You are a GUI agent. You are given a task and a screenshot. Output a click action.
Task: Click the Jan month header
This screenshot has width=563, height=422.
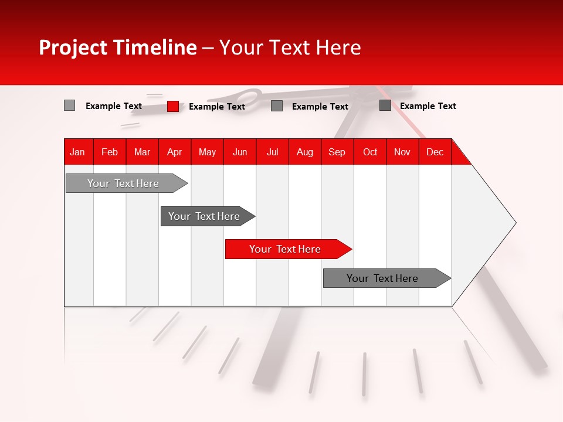(77, 152)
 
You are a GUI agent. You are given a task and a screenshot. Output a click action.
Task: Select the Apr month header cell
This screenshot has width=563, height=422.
(174, 152)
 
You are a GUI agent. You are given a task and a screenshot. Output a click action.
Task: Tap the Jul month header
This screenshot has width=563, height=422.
(272, 152)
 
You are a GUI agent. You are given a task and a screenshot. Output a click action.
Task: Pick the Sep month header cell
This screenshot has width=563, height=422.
(337, 152)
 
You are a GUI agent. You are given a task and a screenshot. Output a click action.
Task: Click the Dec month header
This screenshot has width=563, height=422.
(435, 152)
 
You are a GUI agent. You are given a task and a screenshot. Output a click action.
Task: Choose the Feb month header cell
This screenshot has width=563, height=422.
(110, 152)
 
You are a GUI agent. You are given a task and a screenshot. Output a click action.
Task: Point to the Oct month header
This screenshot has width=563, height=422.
(370, 152)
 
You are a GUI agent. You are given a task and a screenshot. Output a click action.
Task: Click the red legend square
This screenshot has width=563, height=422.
(173, 106)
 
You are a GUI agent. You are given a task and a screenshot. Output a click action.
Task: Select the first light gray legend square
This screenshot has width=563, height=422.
(69, 105)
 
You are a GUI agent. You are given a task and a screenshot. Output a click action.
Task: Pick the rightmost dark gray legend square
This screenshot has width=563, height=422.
(385, 105)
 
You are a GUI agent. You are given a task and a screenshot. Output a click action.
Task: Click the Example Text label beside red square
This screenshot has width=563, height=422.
(217, 107)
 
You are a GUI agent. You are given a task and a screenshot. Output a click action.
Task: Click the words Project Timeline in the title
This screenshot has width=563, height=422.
(117, 47)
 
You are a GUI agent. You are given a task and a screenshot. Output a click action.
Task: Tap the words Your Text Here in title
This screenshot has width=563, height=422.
(290, 47)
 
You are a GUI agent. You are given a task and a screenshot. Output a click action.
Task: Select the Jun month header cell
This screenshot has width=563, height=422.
(240, 152)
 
